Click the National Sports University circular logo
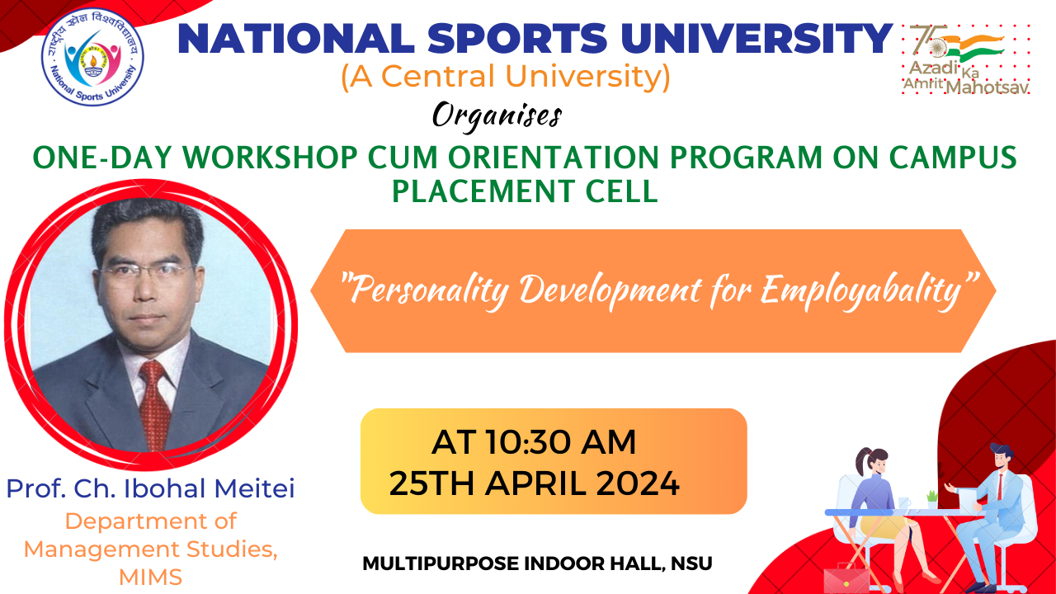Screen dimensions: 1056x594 click(x=93, y=57)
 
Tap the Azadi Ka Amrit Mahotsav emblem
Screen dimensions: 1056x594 click(x=965, y=59)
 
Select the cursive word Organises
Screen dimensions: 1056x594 click(x=497, y=115)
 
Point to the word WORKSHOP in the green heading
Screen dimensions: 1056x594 click(x=270, y=158)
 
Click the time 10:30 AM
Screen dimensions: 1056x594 click(x=561, y=442)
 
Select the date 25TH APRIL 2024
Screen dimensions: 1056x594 click(x=534, y=483)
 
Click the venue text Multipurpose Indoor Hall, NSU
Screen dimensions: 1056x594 click(x=537, y=563)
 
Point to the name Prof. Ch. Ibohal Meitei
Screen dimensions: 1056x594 click(x=150, y=488)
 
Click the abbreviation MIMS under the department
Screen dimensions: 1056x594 click(x=150, y=577)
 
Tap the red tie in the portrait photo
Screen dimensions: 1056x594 click(x=154, y=404)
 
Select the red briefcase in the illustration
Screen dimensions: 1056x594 click(x=846, y=578)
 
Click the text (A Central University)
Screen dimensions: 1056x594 click(x=506, y=77)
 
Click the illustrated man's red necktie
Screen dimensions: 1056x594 click(x=999, y=487)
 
